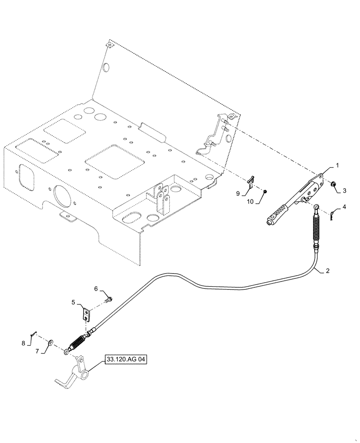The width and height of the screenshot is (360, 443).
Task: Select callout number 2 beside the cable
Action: pyautogui.click(x=328, y=270)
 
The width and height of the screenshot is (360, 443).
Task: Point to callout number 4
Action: pyautogui.click(x=344, y=207)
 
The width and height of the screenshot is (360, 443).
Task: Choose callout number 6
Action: pyautogui.click(x=96, y=288)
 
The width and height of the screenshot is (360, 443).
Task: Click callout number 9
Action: pyautogui.click(x=238, y=193)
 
